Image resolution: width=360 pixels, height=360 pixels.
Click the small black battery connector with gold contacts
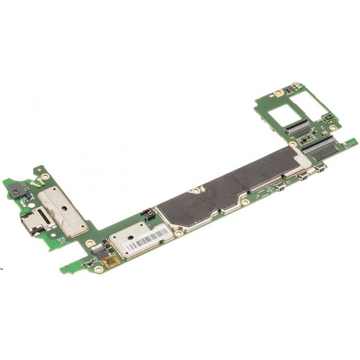tap(147, 213)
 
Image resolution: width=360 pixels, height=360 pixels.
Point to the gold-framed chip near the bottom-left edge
tap(111, 261)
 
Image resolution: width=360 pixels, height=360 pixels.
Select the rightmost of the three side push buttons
tap(320, 167)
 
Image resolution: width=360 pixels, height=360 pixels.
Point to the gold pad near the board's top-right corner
tap(279, 93)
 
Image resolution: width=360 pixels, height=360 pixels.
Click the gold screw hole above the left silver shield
tap(45, 176)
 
